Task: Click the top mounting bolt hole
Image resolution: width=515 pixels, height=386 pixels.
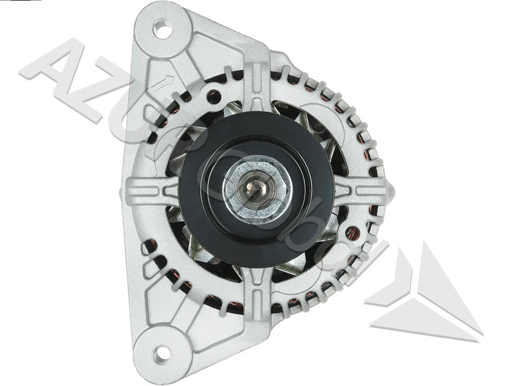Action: point(163,30)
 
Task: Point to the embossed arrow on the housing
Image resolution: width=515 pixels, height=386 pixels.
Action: point(165,82)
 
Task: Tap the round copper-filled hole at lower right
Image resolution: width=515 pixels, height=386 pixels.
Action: point(353,233)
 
